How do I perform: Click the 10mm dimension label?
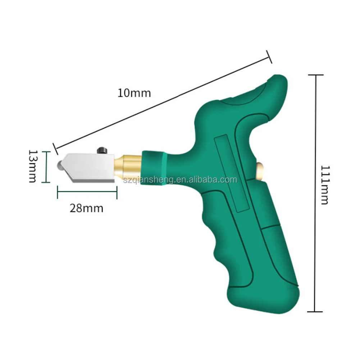coord(134,93)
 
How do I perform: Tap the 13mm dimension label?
coord(32,167)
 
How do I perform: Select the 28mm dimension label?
coord(86,208)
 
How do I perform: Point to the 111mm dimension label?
coord(324,185)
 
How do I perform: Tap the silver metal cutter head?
coord(90,166)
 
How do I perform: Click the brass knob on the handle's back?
coord(260,170)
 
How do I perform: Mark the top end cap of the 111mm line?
coord(316,75)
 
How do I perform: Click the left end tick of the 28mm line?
coord(58,192)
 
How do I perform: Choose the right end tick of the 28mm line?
coord(117,192)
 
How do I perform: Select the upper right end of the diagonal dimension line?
coord(269,56)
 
